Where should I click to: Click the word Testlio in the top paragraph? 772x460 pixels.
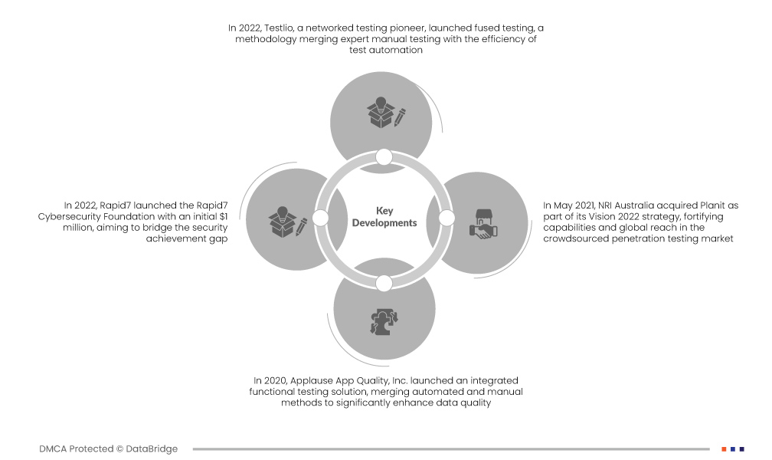(278, 28)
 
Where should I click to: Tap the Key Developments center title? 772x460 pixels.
(384, 217)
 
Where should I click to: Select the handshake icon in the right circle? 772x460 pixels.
(483, 225)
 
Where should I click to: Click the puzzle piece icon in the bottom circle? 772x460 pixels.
(384, 322)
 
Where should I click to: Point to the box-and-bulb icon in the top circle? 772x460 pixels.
(386, 113)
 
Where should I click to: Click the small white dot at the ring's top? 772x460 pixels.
(384, 157)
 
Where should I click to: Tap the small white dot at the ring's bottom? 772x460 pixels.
(384, 284)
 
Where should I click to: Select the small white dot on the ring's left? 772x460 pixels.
(320, 218)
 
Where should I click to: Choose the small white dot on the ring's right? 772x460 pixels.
(447, 218)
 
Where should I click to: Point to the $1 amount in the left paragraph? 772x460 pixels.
(224, 216)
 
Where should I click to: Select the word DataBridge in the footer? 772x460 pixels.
(152, 449)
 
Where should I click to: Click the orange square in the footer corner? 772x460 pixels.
(725, 449)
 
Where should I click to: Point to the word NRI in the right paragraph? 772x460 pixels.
(605, 205)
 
